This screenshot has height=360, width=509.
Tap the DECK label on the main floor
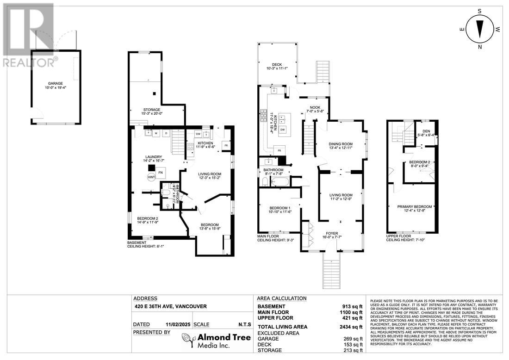pos(277,65)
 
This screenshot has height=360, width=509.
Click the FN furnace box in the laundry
pos(161,173)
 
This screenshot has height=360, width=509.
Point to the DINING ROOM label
pos(341,144)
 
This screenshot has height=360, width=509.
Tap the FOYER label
pos(331,233)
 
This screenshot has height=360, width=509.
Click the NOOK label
pos(314,106)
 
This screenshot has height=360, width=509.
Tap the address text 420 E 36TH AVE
pos(170,306)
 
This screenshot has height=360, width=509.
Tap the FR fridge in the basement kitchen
pos(226,145)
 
